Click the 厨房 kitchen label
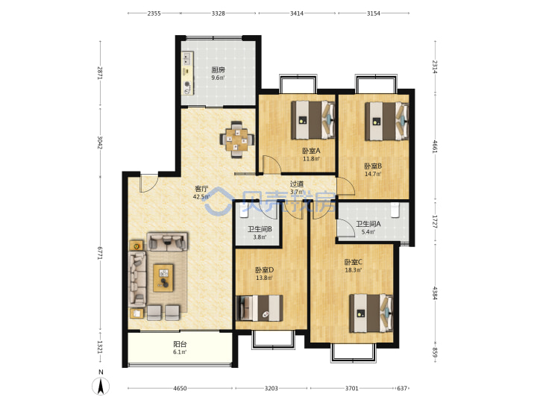pyautogui.click(x=218, y=70)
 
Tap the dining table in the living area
pyautogui.click(x=236, y=140)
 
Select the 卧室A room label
pyautogui.click(x=311, y=151)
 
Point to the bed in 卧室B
pyautogui.click(x=387, y=122)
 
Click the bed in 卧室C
pyautogui.click(x=371, y=313)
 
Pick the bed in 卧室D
pyautogui.click(x=260, y=307)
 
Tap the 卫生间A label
pyautogui.click(x=368, y=224)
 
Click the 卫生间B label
pyautogui.click(x=260, y=229)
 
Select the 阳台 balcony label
pyautogui.click(x=180, y=344)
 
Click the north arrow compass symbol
pyautogui.click(x=101, y=387)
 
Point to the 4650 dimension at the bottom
pyautogui.click(x=180, y=388)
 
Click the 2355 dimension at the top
pyautogui.click(x=154, y=13)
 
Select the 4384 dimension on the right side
pyautogui.click(x=435, y=293)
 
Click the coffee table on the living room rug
pyautogui.click(x=163, y=278)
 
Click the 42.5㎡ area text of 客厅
pyautogui.click(x=201, y=197)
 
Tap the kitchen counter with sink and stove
pyautogui.click(x=187, y=73)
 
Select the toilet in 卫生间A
pyautogui.click(x=395, y=210)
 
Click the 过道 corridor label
pyautogui.click(x=297, y=184)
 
